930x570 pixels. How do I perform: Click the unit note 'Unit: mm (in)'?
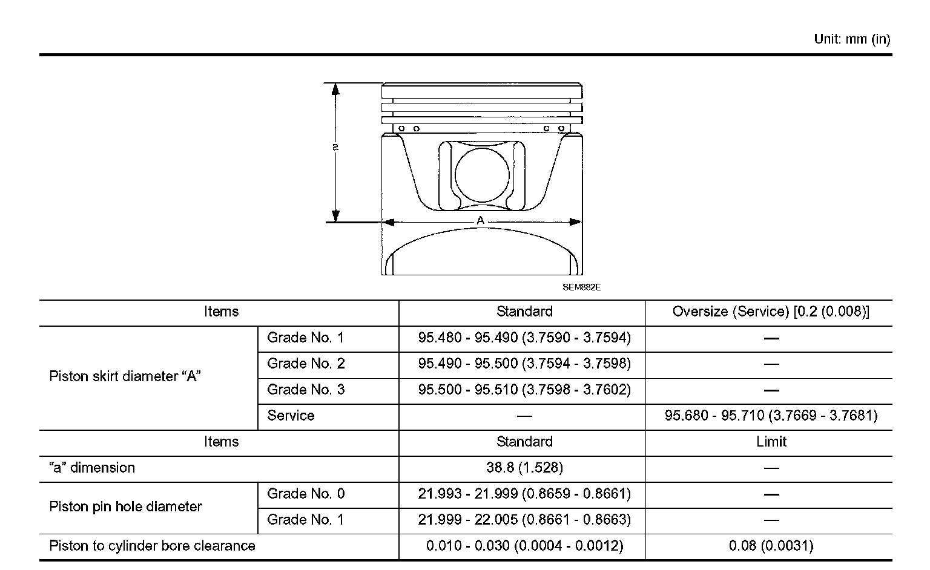(x=852, y=39)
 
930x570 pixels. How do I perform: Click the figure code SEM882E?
(x=581, y=287)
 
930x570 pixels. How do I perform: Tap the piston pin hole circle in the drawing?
(x=482, y=175)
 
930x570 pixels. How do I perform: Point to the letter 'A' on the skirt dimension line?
(x=480, y=220)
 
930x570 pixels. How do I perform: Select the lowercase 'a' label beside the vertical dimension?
(x=335, y=146)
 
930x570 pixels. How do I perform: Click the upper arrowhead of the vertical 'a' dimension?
(x=335, y=89)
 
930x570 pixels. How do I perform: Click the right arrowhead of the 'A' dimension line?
(x=575, y=222)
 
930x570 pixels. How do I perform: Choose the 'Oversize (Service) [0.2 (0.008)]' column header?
(x=771, y=312)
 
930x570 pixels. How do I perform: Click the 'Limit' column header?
(x=771, y=441)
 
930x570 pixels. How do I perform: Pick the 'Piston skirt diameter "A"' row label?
(x=125, y=376)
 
